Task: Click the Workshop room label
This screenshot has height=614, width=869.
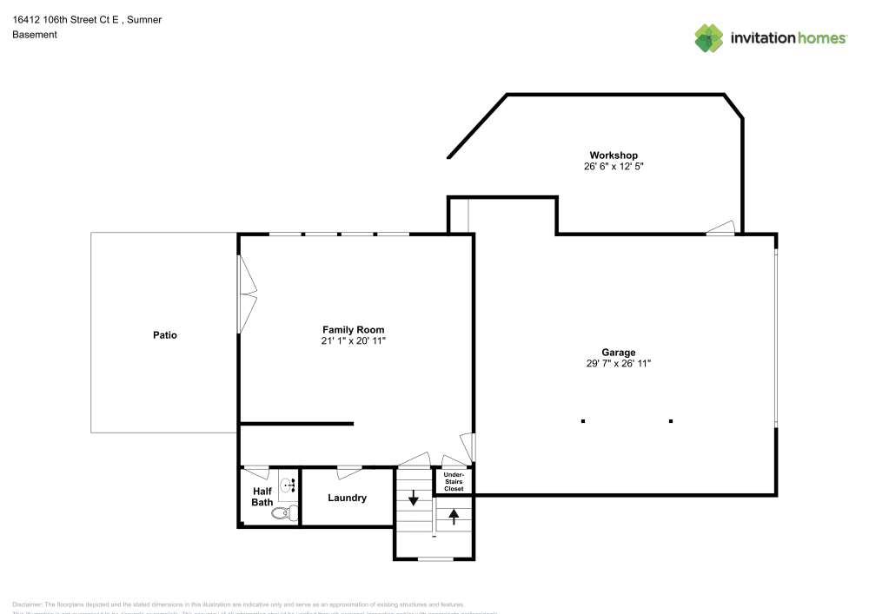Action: point(614,155)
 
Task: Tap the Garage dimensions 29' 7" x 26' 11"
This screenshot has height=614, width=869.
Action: point(618,364)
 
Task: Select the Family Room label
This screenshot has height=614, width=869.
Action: point(353,330)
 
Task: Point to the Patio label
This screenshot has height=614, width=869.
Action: point(165,335)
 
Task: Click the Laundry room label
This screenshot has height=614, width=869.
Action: point(347,498)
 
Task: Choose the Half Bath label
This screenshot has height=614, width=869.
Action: point(262,497)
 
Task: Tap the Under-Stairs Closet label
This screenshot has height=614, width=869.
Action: point(454,482)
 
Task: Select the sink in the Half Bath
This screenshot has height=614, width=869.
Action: point(288,485)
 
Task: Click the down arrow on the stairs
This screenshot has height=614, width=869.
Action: point(414,499)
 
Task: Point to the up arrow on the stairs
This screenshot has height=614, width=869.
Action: point(454,516)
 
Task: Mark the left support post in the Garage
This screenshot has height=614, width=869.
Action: point(583,421)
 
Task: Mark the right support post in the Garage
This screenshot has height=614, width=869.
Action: point(671,421)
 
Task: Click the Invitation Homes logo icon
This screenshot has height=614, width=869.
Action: point(709,37)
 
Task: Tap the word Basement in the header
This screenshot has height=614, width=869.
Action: point(35,35)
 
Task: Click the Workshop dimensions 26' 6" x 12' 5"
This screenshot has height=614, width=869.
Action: point(614,166)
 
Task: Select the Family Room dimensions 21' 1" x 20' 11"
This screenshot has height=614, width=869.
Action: point(353,341)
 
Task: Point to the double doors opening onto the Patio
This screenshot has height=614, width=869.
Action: point(248,294)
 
